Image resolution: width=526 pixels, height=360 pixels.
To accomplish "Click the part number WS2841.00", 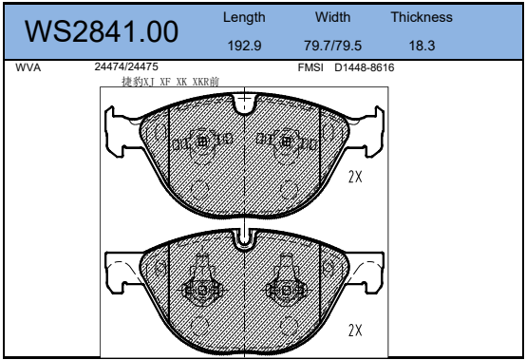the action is coord(102,31).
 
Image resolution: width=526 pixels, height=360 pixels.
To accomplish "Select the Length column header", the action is coord(244,18).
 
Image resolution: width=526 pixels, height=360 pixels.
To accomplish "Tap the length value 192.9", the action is coord(244,46).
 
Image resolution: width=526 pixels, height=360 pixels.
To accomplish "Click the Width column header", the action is coord(332,17).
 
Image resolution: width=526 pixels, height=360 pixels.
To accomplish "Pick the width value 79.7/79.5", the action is coord(332,46).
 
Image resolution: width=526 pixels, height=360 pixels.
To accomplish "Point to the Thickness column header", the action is coord(422,17).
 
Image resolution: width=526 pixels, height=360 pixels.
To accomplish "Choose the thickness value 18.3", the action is coord(422,46).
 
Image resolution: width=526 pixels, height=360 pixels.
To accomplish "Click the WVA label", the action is coord(28,67).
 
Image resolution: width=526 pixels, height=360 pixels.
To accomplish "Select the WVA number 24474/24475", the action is coord(126,66).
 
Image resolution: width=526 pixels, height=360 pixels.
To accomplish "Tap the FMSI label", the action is coord(310,67).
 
